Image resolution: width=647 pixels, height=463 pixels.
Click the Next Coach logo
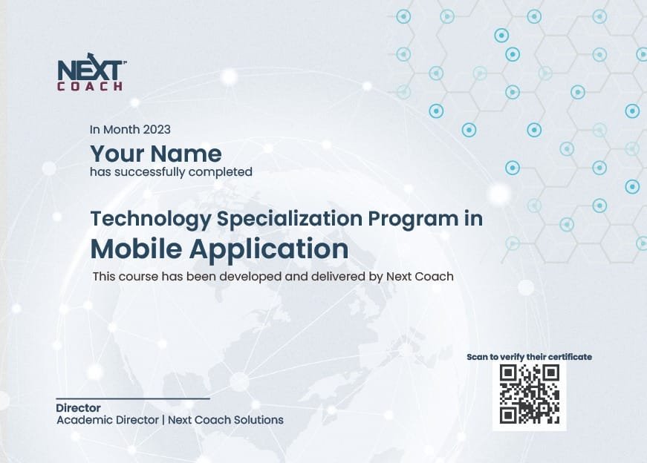(x=91, y=72)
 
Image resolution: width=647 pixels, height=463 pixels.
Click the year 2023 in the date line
(x=157, y=129)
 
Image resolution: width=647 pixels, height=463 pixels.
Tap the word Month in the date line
(x=121, y=129)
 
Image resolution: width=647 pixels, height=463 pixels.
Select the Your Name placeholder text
(x=156, y=154)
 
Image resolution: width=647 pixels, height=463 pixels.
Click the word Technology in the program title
(x=151, y=219)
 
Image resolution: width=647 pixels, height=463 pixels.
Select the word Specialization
(x=290, y=219)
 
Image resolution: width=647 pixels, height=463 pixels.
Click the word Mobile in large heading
(x=136, y=249)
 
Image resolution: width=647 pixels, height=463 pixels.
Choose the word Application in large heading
(x=269, y=250)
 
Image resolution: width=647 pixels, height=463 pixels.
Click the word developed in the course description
(x=250, y=276)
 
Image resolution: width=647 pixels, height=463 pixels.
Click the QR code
(x=530, y=394)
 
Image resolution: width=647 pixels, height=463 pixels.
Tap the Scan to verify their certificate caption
(x=529, y=357)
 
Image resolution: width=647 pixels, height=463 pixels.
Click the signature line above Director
(x=133, y=398)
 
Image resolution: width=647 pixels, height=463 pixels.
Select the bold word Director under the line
(x=79, y=408)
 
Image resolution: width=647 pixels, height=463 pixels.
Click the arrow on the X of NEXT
(x=91, y=57)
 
